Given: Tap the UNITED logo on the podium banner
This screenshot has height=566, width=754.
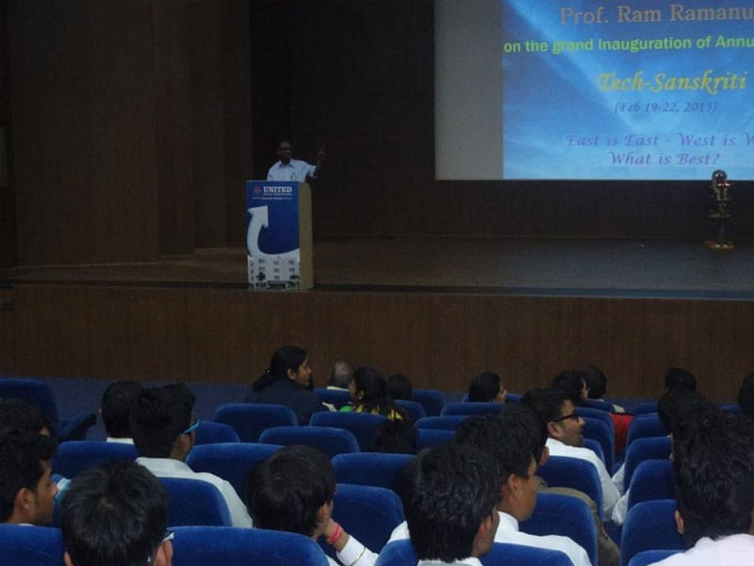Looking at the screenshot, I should [275, 191].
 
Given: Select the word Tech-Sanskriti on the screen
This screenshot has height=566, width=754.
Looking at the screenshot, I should [671, 81].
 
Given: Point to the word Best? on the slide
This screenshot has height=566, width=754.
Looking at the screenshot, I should [693, 158].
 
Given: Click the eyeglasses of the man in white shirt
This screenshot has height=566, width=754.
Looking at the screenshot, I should [567, 416].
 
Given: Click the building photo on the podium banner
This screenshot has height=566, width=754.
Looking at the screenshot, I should [272, 270].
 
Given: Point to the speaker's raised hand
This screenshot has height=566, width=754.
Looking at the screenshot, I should [320, 154].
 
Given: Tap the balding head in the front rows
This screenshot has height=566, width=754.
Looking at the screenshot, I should [340, 375].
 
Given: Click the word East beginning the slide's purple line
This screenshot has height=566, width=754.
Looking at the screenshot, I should [583, 141].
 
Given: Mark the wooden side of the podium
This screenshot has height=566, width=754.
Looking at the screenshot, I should [305, 235].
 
